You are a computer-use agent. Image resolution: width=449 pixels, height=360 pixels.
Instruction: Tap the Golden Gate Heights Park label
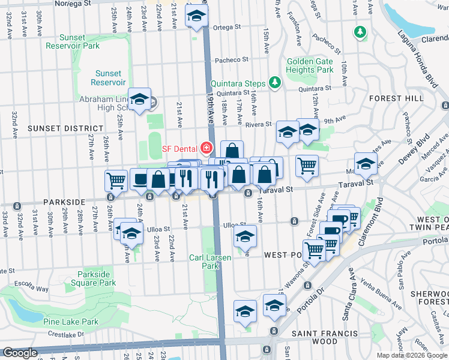point(310,65)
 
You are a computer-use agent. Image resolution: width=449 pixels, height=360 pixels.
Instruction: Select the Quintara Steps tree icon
point(275,82)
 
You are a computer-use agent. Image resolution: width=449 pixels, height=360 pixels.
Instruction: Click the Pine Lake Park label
point(74,322)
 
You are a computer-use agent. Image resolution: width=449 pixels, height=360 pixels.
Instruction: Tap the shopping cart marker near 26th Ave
point(115,179)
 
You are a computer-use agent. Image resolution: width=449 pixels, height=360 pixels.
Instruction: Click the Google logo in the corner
point(20,353)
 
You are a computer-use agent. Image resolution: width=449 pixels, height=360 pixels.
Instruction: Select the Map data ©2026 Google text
point(411,355)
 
